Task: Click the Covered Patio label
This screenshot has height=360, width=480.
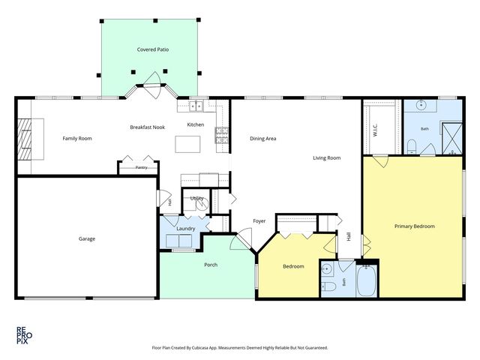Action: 153,49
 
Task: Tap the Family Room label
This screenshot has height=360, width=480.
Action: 77,138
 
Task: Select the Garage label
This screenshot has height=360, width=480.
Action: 87,238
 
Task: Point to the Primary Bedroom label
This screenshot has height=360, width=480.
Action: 415,226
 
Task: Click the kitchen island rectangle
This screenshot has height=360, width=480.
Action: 187,144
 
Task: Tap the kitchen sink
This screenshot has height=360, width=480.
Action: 196,106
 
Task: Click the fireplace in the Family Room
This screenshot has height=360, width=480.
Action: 25,139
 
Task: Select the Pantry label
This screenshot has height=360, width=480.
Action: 142,167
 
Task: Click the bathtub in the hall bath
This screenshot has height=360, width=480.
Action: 367,280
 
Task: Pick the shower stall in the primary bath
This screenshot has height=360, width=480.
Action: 452,138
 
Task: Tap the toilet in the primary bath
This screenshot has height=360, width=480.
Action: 412,146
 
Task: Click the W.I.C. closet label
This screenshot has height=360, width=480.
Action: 376,130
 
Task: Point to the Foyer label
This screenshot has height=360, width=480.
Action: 259,221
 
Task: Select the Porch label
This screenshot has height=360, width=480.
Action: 211,265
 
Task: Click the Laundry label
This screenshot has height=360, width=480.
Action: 186,229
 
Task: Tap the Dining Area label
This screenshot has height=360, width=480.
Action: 263,138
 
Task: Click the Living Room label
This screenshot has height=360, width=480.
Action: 327,158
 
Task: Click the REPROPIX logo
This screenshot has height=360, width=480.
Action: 24,335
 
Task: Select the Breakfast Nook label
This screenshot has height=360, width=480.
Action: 148,127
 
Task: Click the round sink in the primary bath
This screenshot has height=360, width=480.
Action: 421,106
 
